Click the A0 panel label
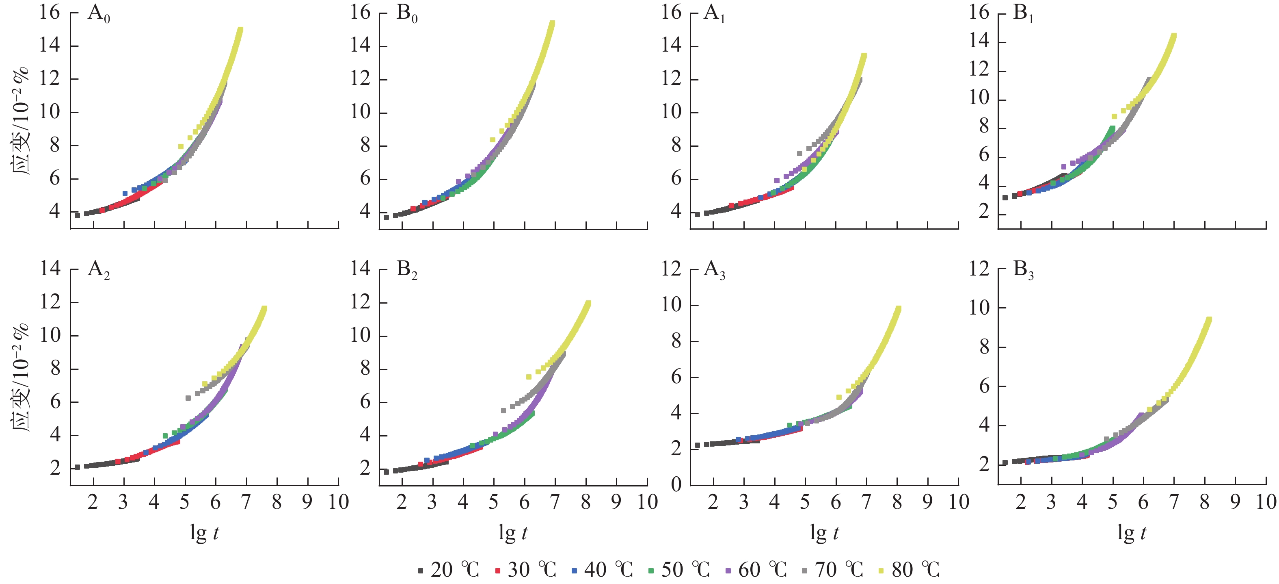(x=99, y=13)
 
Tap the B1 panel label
(x=1023, y=13)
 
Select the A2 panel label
(x=99, y=270)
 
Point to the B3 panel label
(x=1023, y=270)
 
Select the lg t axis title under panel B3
(x=1132, y=533)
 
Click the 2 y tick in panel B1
(x=984, y=212)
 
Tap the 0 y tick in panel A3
(x=676, y=484)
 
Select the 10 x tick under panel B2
(x=648, y=502)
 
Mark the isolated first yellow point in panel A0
(x=181, y=147)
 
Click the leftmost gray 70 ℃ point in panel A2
(x=188, y=397)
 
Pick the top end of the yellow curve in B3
(x=1209, y=319)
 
